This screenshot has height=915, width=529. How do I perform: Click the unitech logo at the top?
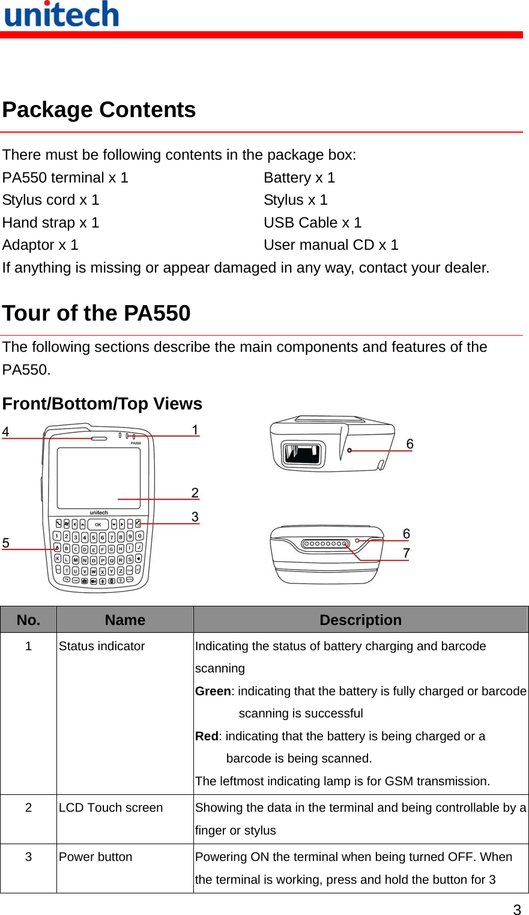coord(61,14)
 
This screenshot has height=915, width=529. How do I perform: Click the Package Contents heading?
coord(99,110)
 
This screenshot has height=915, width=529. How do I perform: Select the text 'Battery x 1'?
coord(299,178)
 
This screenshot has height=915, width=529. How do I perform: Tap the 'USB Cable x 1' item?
coord(312,223)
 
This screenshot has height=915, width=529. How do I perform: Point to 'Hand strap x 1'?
coord(50,223)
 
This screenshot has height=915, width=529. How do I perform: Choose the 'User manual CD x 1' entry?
coord(331,245)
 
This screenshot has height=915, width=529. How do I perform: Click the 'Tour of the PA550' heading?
coord(96,313)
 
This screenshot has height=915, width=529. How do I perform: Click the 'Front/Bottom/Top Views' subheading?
coord(102,404)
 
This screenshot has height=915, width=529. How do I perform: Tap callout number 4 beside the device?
coord(6,432)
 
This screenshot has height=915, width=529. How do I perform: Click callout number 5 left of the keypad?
coord(6,543)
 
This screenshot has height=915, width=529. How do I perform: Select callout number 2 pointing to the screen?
coord(195,493)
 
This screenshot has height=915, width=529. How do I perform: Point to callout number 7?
coord(407,553)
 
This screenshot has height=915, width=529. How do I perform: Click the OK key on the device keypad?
coord(98,525)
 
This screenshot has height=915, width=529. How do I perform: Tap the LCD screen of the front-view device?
coord(98,478)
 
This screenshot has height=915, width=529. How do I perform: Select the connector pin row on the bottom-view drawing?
coord(325,544)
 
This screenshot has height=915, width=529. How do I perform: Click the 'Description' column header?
coord(360,620)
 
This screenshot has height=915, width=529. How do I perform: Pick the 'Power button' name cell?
coord(95,857)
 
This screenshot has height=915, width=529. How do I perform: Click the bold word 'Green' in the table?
coord(213,691)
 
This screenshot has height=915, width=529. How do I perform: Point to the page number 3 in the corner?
coord(517,909)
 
